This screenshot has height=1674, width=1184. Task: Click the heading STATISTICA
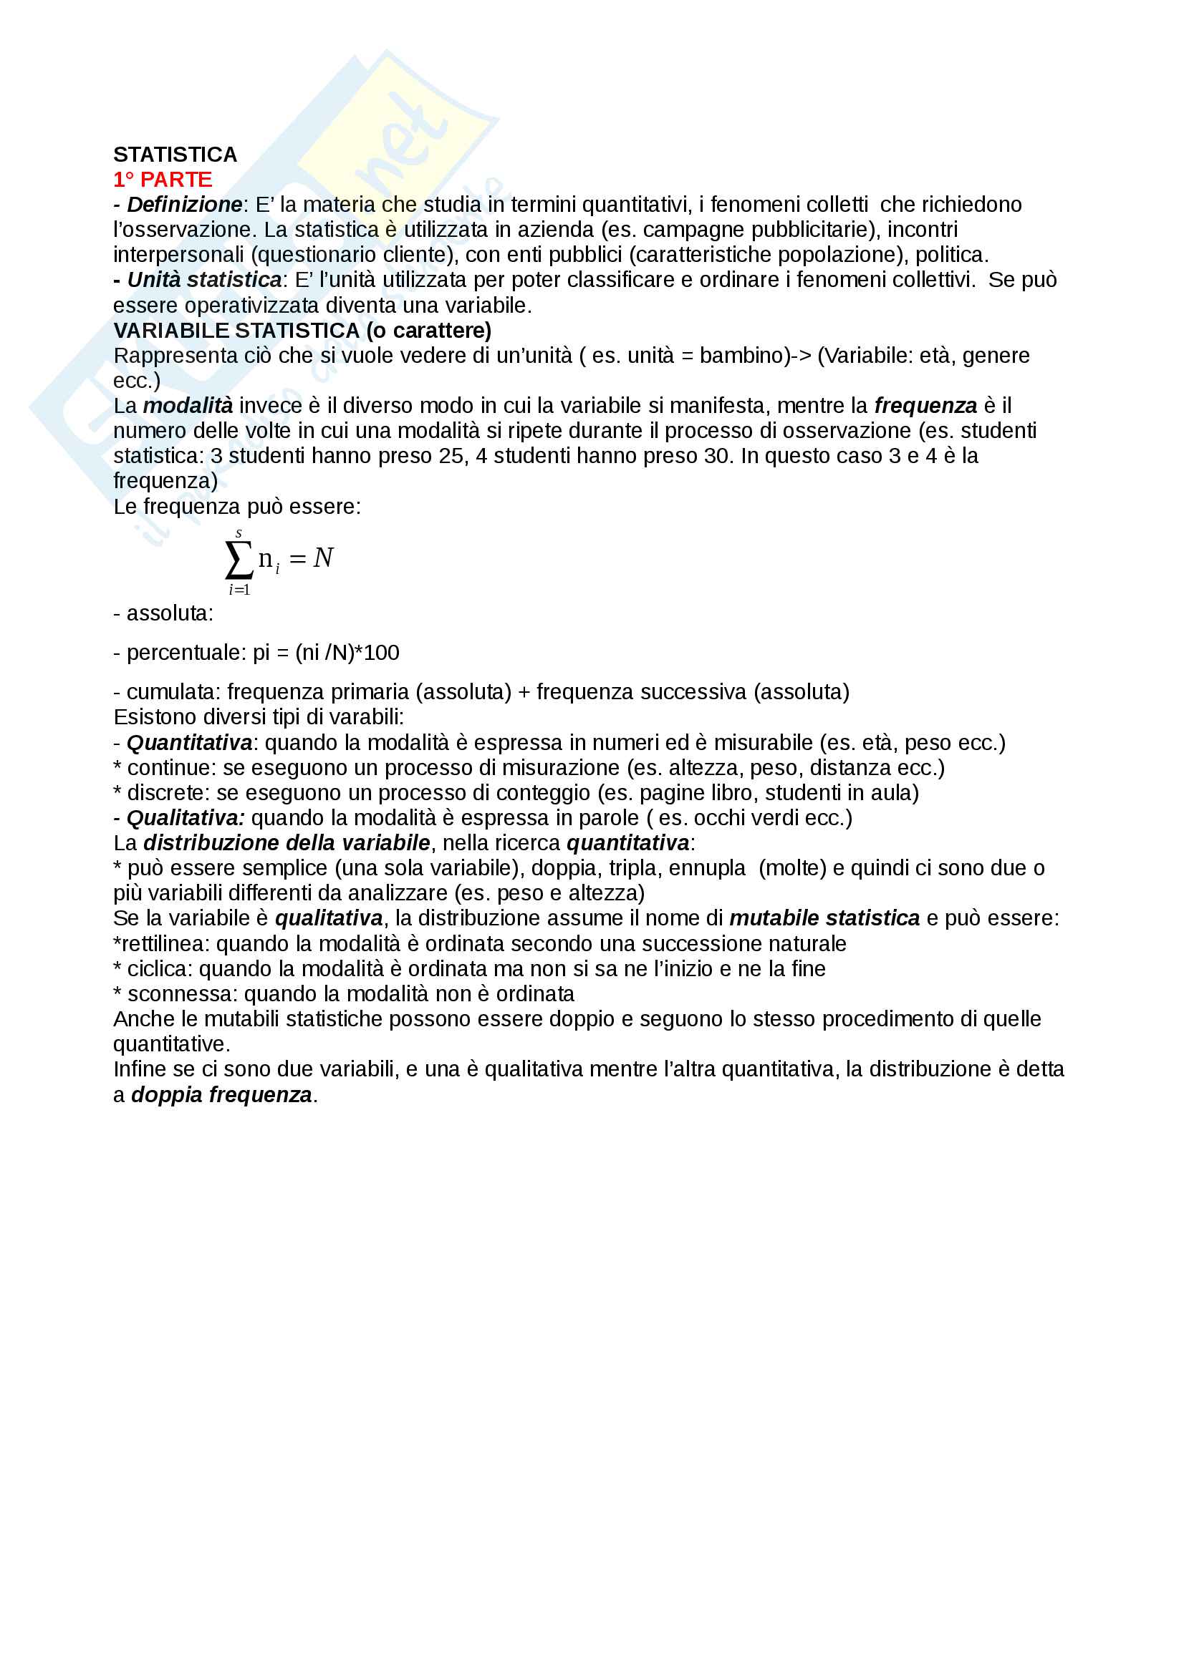point(175,155)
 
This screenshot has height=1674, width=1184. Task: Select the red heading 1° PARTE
point(163,180)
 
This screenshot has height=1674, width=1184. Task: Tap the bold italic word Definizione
point(185,205)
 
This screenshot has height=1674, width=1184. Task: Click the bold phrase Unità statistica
point(204,280)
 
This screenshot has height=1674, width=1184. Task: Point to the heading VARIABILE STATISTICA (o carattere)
point(302,331)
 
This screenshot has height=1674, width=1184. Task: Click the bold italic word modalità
point(188,406)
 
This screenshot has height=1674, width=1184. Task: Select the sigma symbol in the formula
point(239,560)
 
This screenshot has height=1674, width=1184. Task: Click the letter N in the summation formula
point(323,558)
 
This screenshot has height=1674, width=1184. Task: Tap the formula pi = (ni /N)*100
point(326,653)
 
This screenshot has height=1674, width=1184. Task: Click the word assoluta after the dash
point(169,613)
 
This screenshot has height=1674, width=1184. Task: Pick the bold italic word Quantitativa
point(190,743)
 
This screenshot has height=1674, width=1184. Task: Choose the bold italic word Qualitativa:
point(186,818)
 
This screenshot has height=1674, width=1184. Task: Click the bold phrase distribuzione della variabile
point(287,844)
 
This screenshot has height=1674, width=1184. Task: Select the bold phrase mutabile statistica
point(824,919)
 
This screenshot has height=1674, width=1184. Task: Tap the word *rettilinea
point(161,944)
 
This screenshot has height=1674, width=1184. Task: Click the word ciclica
point(159,969)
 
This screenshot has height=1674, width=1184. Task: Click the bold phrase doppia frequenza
point(222,1095)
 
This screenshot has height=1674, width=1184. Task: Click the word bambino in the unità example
point(741,356)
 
